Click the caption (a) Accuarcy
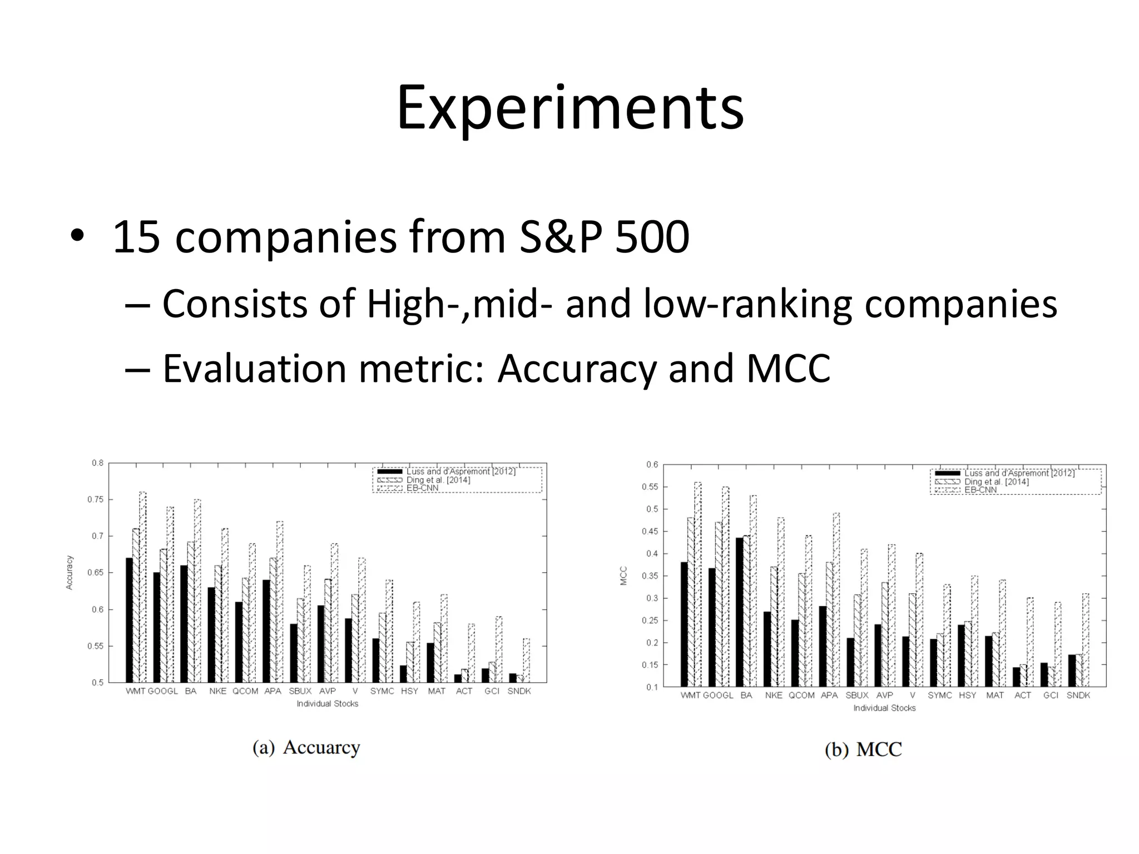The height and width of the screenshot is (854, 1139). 306,747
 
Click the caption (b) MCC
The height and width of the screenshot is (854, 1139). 863,749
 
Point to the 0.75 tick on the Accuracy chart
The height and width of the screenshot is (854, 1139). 96,499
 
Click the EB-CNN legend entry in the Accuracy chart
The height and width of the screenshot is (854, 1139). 422,488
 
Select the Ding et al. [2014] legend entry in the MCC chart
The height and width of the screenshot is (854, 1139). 996,482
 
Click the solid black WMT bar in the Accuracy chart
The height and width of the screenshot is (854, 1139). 129,620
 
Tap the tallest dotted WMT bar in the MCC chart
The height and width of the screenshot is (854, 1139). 697,584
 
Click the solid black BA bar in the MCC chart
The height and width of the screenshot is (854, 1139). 739,612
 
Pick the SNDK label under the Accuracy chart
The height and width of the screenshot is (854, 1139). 519,691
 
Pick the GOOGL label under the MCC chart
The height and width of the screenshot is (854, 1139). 718,696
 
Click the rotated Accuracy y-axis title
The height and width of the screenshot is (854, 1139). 70,572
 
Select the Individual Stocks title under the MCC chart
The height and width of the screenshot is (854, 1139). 884,708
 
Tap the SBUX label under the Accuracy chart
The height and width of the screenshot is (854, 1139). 300,691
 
